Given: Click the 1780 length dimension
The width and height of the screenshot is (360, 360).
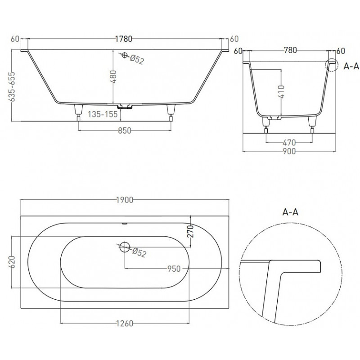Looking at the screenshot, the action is click(123, 39).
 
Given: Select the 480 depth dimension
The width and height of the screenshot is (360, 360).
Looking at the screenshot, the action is click(113, 76).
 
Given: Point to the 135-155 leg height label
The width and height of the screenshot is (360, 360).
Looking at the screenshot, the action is click(103, 114).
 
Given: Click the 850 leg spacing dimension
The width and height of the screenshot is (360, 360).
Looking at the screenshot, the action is click(125, 130).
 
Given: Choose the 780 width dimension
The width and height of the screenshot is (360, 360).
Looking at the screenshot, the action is click(290, 50).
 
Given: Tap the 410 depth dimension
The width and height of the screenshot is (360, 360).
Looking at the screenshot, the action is click(281, 91).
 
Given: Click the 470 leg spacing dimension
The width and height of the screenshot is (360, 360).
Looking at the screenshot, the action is click(289, 143).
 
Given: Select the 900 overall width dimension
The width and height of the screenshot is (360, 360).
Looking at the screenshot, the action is click(289, 151).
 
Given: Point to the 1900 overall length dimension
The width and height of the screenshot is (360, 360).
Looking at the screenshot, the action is click(125, 200).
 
